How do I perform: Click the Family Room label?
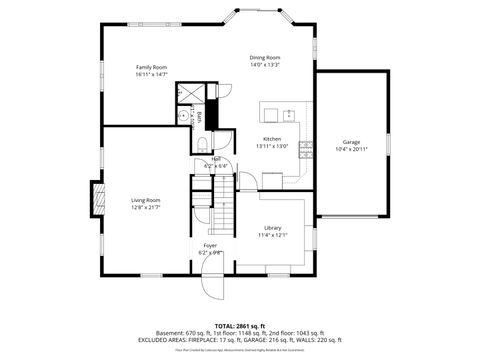[x=151, y=67]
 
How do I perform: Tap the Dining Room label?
[x=265, y=58]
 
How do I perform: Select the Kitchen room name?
[x=272, y=139]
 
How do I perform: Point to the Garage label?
[x=351, y=142]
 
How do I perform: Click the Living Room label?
[x=146, y=200]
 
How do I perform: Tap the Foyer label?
[x=210, y=245]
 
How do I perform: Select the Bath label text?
[x=199, y=118]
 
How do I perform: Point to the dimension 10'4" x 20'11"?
[x=351, y=149]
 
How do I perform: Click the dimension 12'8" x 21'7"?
[x=146, y=207]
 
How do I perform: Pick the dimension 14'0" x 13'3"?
[x=265, y=65]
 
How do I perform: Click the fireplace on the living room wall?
[x=97, y=196]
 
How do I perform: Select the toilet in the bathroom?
[x=202, y=142]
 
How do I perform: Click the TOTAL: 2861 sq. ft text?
[x=239, y=325]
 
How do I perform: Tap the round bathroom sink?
[x=183, y=116]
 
